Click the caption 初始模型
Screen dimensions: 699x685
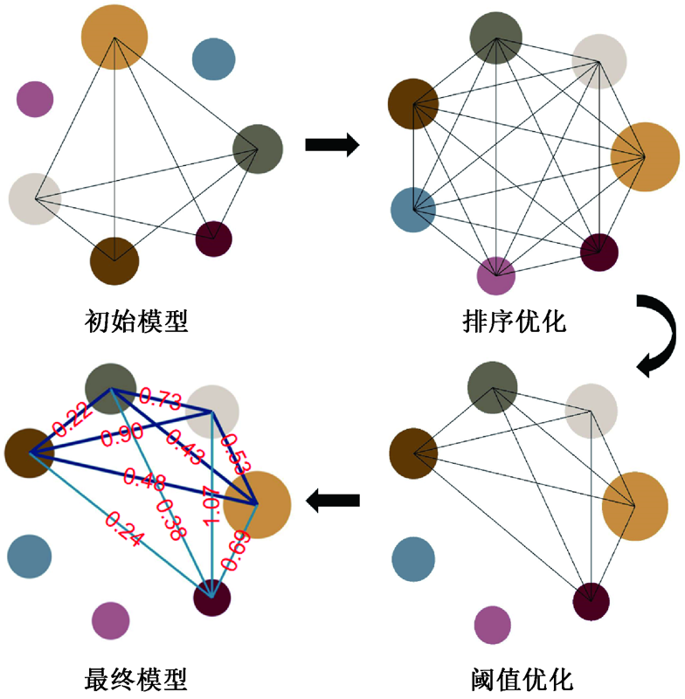point(137,322)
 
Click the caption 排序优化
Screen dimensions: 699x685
point(515,322)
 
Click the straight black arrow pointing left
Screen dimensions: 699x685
point(333,501)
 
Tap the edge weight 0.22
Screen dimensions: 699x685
point(70,418)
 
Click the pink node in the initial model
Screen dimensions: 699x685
point(35,98)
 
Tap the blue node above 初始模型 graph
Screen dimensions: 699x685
point(213,59)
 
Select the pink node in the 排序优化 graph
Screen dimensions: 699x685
point(495,275)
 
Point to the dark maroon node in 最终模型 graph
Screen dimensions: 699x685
point(211,599)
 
